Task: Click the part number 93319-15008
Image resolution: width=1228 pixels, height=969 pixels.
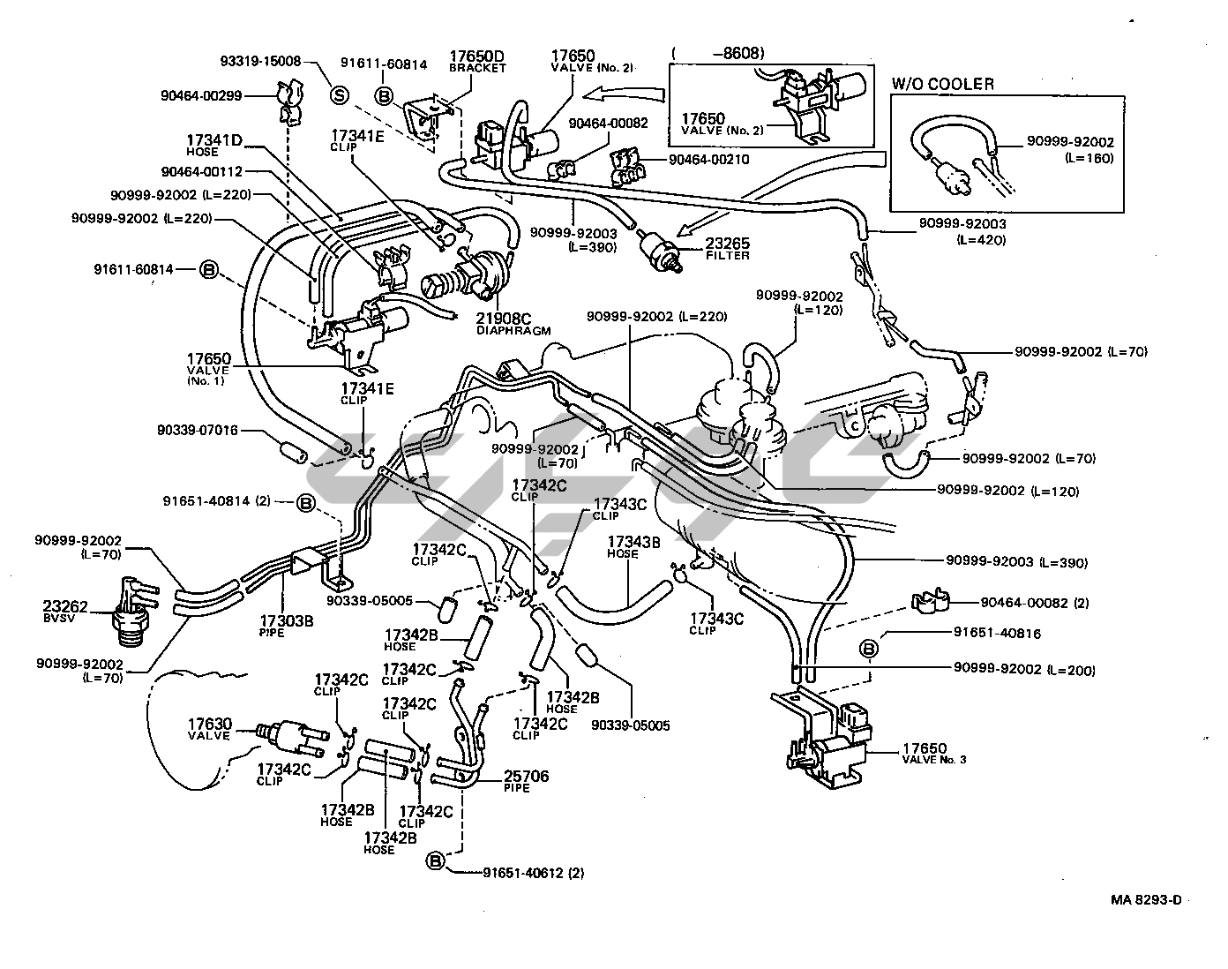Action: [260, 62]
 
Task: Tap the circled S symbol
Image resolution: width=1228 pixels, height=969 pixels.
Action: [339, 94]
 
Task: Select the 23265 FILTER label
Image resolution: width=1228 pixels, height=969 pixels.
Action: [725, 249]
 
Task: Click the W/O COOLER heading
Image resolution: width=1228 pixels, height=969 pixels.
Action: [942, 85]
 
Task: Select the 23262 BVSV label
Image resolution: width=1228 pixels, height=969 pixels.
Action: [65, 611]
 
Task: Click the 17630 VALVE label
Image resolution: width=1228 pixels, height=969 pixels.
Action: [209, 730]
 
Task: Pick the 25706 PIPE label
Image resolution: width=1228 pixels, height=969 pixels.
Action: [526, 781]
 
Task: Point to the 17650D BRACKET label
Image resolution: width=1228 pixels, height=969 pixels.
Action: [477, 59]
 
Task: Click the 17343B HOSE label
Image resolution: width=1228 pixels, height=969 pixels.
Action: [633, 547]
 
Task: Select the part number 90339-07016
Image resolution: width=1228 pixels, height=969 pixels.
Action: [198, 431]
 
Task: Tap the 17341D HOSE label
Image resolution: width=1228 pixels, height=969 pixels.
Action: [213, 144]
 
